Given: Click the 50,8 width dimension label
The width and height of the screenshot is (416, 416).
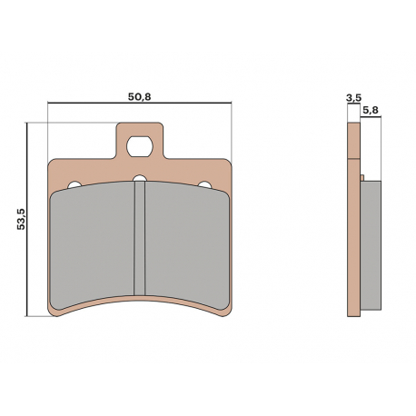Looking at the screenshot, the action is point(139,97).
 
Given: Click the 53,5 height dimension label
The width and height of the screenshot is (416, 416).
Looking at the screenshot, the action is point(22,219).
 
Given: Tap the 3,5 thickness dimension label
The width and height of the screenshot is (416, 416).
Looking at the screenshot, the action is point(353,97).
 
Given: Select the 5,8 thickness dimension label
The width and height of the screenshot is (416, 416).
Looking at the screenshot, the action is point(370,110).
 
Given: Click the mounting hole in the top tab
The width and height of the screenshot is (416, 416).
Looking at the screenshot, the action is point(140,146).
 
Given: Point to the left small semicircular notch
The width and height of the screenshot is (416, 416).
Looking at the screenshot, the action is point(74,184).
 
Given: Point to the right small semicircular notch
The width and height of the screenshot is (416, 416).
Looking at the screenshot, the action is point(204,184).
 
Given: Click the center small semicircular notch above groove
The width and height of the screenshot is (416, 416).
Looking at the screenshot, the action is point(140,178).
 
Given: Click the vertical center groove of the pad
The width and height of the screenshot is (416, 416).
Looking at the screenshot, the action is point(140,238).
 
